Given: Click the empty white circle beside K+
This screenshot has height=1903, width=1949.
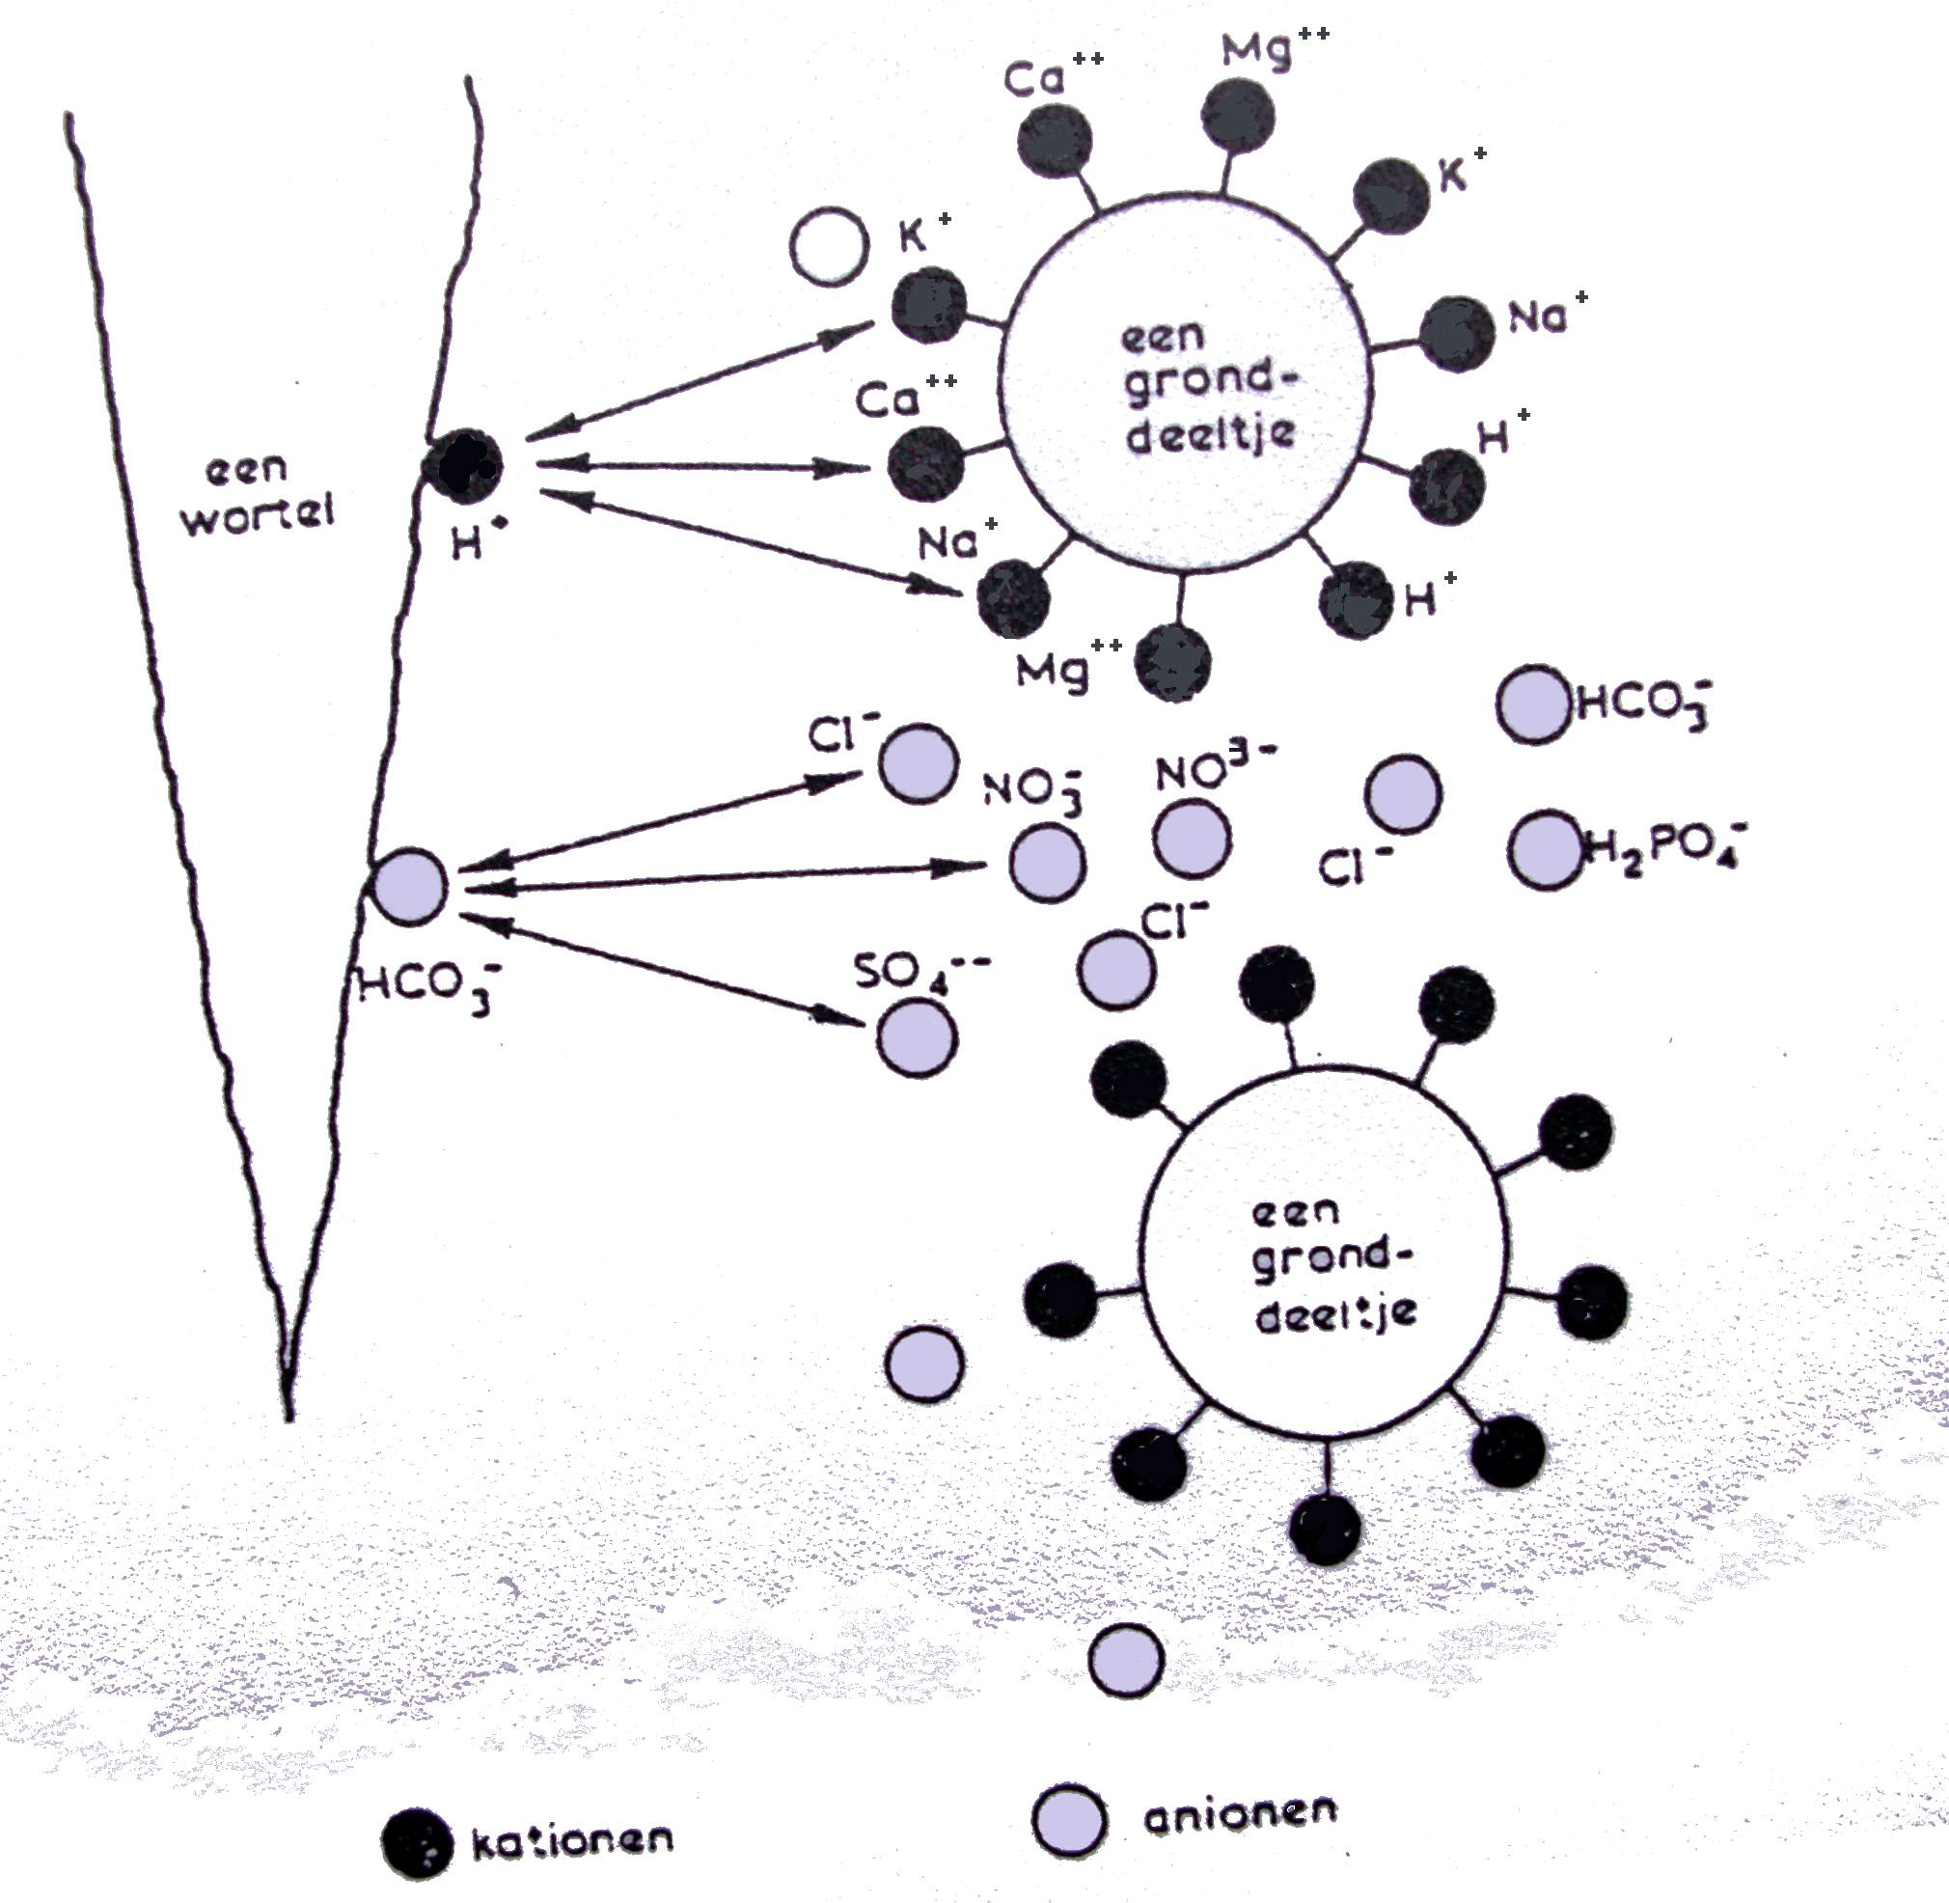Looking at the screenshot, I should pyautogui.click(x=828, y=247).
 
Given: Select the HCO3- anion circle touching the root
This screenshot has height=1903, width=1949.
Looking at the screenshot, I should pyautogui.click(x=410, y=886).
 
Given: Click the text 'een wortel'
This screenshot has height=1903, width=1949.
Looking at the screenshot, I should pyautogui.click(x=257, y=492).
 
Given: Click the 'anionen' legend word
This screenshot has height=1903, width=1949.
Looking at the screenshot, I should pyautogui.click(x=1240, y=1813).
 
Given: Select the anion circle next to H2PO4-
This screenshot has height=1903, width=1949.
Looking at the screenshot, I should pyautogui.click(x=1545, y=850).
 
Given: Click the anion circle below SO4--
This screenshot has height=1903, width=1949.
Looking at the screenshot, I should pyautogui.click(x=917, y=1038).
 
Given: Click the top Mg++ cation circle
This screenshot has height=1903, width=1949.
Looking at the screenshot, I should pyautogui.click(x=1238, y=117).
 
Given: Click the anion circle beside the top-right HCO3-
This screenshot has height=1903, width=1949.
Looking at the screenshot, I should pyautogui.click(x=1533, y=704).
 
